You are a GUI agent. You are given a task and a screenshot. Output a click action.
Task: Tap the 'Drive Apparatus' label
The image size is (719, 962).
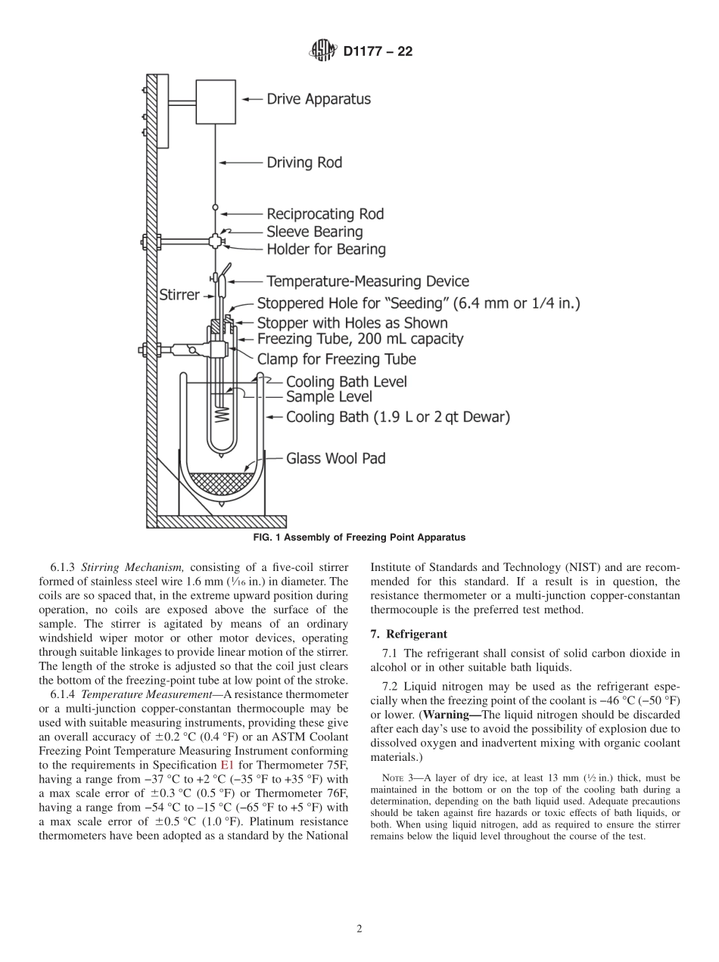[319, 99]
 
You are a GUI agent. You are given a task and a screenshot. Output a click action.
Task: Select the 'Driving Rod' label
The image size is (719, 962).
[304, 162]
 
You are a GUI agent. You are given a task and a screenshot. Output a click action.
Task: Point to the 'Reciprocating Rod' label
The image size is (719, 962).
[325, 214]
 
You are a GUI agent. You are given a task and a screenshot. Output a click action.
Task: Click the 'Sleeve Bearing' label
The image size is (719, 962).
[314, 231]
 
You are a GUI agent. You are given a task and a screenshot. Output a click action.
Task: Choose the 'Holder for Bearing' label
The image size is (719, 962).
[325, 249]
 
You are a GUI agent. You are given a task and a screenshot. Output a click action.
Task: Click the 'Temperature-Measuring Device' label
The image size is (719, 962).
[368, 282]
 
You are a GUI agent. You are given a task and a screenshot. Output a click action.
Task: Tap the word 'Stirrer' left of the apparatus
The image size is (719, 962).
[179, 294]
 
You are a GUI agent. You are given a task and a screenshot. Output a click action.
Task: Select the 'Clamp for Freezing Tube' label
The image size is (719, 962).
[336, 358]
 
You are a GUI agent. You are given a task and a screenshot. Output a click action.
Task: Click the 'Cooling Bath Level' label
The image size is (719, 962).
[346, 381]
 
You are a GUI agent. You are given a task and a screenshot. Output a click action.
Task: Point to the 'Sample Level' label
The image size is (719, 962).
[328, 396]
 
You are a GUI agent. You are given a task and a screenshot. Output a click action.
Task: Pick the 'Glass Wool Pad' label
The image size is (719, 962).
[335, 458]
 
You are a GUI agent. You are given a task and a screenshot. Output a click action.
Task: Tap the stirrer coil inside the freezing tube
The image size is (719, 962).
[222, 414]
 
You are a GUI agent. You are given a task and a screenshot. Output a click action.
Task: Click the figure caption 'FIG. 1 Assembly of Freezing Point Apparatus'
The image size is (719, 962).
[358, 538]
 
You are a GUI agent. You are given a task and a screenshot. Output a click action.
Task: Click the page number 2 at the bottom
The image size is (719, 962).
[359, 929]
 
